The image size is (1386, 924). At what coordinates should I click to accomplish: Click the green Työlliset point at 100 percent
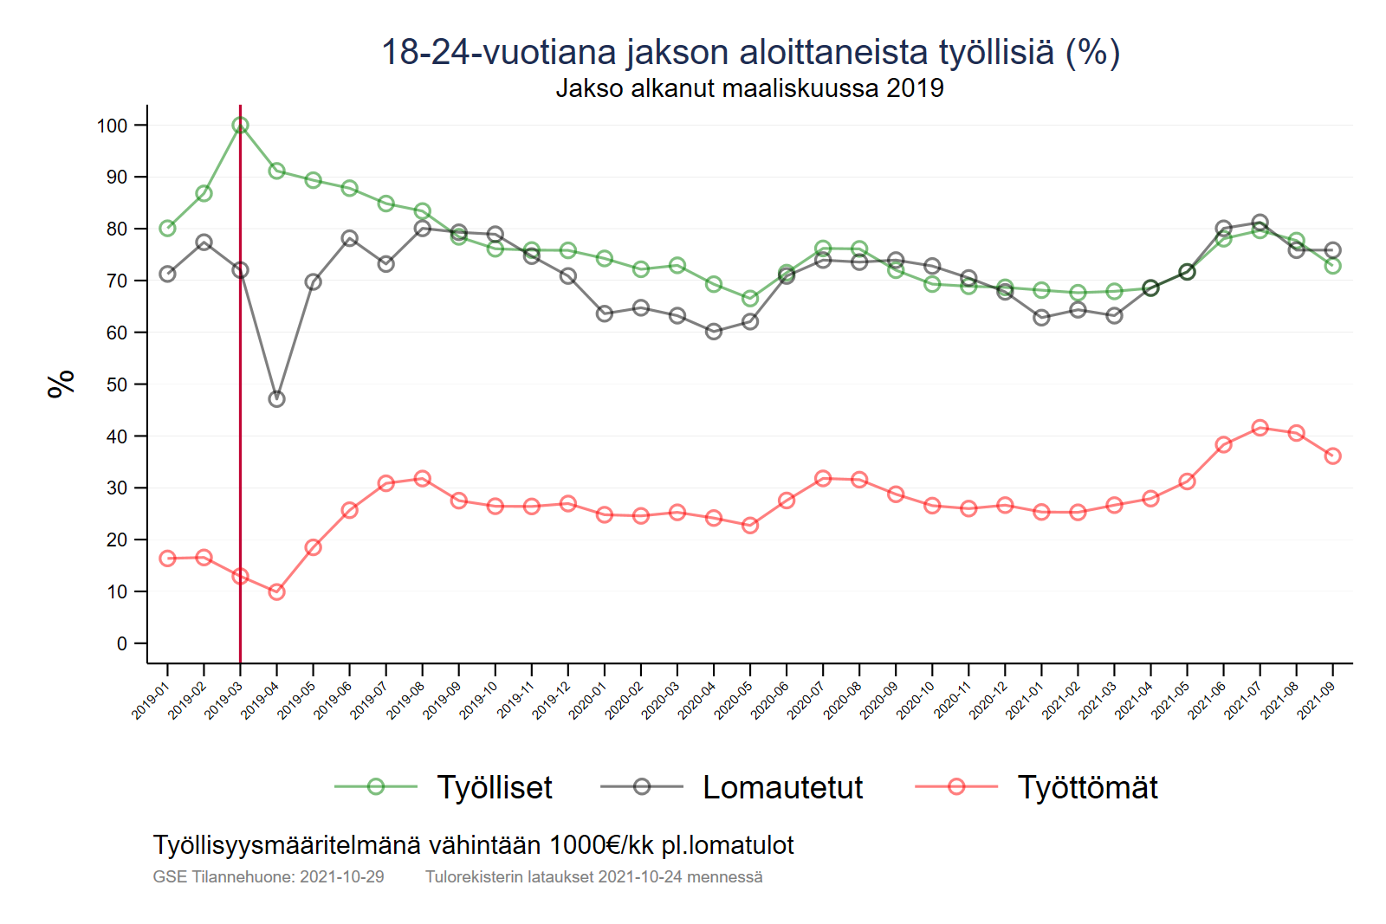point(240,126)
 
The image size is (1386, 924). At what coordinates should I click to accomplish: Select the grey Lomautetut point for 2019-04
point(276,399)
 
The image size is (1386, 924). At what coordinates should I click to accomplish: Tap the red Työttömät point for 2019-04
point(276,591)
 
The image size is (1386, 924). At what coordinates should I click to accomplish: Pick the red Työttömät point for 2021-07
point(1260,428)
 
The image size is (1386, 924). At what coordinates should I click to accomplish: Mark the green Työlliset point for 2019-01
point(167,229)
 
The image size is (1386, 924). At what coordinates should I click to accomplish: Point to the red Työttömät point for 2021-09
point(1332,456)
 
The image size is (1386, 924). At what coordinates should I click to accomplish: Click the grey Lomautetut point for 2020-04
point(714,332)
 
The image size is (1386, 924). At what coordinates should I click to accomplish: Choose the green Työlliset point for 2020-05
point(750,299)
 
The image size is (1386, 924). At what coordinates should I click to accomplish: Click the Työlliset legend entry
point(494,787)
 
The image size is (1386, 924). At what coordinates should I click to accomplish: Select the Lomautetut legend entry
point(782,787)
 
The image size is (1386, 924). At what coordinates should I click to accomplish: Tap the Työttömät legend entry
point(1087,787)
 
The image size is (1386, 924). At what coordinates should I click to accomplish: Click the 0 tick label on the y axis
point(122,643)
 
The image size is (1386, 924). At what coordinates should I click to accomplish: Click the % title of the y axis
point(62,384)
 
